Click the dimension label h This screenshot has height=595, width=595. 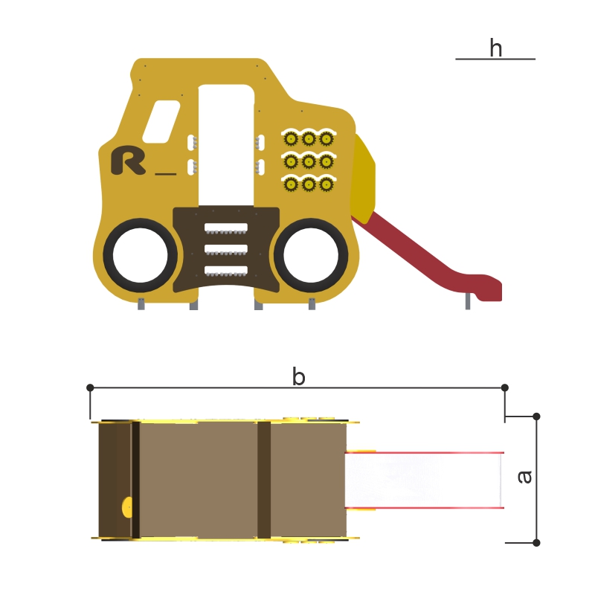[x=495, y=48]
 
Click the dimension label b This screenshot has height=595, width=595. [x=299, y=376]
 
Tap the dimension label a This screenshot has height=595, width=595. [x=525, y=477]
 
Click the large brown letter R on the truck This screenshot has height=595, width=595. [x=128, y=160]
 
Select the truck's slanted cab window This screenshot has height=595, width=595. [x=161, y=122]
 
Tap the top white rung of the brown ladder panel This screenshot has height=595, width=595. [x=226, y=228]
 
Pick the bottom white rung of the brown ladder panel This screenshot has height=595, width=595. [x=226, y=271]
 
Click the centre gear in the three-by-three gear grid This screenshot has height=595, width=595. [x=309, y=162]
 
